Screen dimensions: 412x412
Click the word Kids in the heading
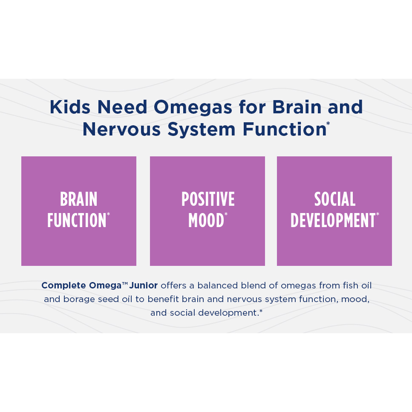(70, 107)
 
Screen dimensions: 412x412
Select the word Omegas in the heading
(193, 108)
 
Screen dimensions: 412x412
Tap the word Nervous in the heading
(121, 129)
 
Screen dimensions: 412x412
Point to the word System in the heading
(201, 130)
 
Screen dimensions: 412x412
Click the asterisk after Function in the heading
(328, 124)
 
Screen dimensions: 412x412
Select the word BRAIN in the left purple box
(78, 199)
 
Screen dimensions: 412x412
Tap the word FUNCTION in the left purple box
(77, 220)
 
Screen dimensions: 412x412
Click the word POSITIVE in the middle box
(208, 199)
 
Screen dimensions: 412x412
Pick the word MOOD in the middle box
(206, 220)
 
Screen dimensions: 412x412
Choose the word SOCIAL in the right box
(335, 199)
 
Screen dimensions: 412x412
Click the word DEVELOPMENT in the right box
(333, 220)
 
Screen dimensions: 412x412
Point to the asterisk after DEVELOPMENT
(377, 214)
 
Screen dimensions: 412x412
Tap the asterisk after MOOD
(226, 214)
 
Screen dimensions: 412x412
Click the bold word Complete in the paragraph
(63, 285)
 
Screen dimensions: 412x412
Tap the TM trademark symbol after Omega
(125, 283)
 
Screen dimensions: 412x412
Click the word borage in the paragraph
(79, 300)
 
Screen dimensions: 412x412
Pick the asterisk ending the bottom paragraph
(261, 311)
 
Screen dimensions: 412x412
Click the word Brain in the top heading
(297, 107)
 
